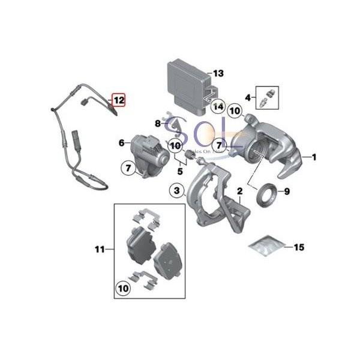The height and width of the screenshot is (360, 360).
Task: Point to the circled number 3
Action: pyautogui.click(x=176, y=191)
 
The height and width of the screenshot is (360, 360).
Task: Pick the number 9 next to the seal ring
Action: pyautogui.click(x=287, y=192)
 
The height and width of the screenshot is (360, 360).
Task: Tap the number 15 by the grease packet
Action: pyautogui.click(x=299, y=246)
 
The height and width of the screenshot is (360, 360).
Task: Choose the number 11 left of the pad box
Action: pyautogui.click(x=100, y=248)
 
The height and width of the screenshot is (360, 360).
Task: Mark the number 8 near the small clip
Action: pyautogui.click(x=158, y=124)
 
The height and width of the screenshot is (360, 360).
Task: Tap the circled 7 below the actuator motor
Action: pyautogui.click(x=128, y=169)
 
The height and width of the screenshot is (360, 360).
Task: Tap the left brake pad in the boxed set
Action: pyautogui.click(x=137, y=245)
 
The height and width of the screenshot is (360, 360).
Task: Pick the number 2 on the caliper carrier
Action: pyautogui.click(x=239, y=192)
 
